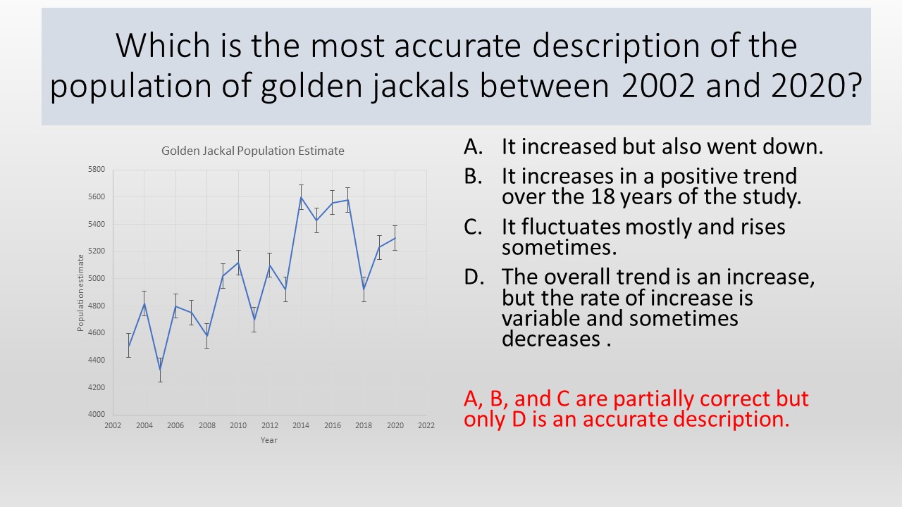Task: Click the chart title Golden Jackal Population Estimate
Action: coord(253,151)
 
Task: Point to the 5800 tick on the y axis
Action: coord(97,169)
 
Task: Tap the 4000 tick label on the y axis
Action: coord(97,414)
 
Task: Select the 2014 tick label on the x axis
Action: coord(301,425)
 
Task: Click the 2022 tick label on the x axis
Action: coord(426,425)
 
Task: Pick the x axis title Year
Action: coord(269,440)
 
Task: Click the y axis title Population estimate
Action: coord(80,293)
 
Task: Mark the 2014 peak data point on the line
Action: coord(301,197)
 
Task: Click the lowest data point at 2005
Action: coord(160,370)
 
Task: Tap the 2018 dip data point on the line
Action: coord(364,289)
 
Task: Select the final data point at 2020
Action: coord(395,238)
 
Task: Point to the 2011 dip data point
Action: coord(254,320)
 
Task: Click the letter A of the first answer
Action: coord(473,146)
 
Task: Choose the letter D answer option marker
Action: coord(474,277)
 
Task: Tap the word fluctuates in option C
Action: coord(571,227)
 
